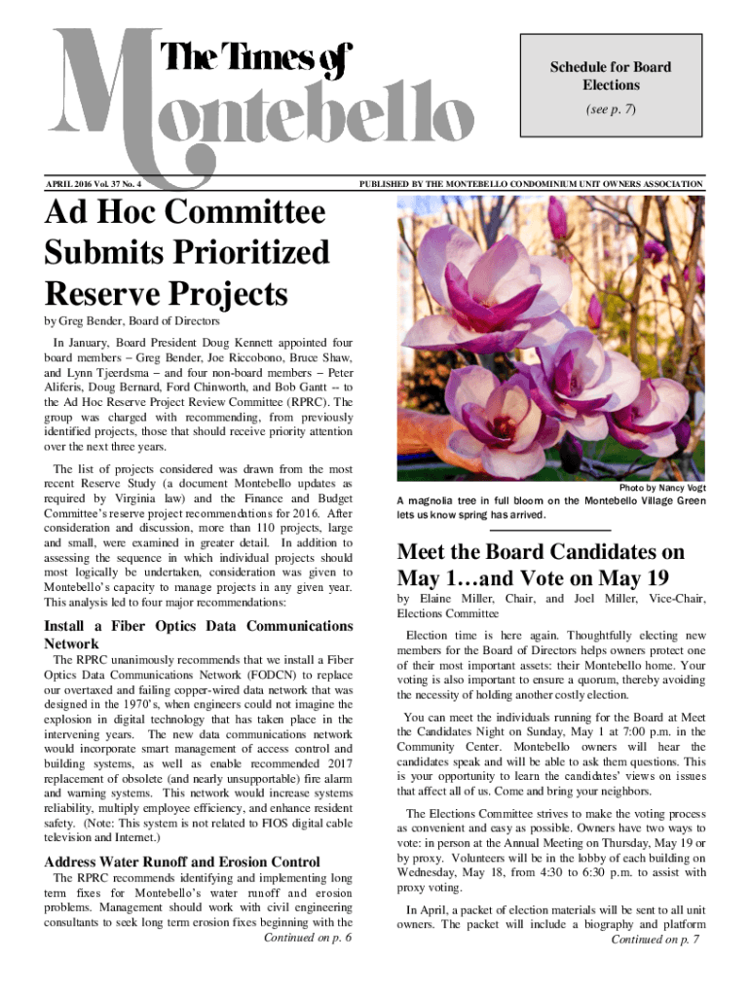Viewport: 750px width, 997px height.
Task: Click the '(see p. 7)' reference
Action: coord(611,110)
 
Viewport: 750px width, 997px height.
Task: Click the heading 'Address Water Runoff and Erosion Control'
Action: coord(182,862)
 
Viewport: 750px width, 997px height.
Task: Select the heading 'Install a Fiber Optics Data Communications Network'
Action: coord(198,635)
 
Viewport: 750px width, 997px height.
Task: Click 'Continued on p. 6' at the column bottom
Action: coord(307,938)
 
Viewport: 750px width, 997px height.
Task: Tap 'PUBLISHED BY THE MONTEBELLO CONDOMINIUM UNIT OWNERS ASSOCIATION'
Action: coord(530,183)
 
